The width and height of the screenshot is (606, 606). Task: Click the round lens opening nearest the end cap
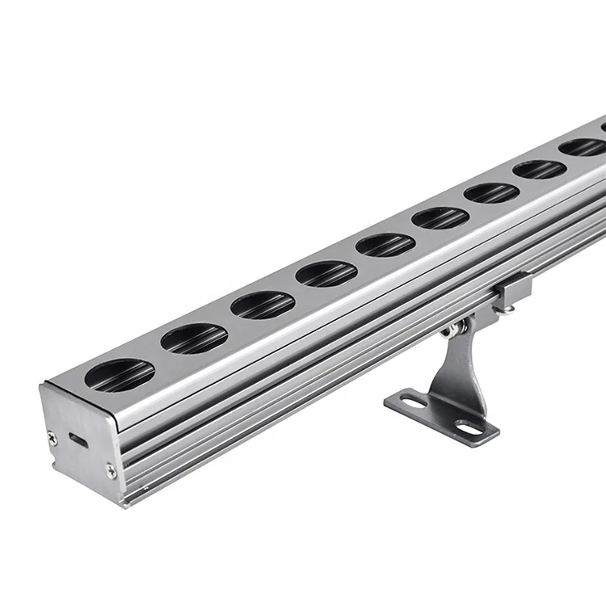point(120,375)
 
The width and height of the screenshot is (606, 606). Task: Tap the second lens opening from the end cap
point(194,339)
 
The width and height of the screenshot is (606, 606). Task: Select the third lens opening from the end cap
point(263,305)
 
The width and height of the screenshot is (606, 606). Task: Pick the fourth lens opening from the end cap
point(326,274)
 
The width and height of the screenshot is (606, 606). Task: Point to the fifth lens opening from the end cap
point(385,245)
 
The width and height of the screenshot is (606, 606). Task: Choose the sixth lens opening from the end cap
point(440,218)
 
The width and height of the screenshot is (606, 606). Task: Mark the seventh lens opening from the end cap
point(491,193)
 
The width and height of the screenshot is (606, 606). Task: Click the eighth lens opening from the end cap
point(539,170)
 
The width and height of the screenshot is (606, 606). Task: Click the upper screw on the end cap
point(53,439)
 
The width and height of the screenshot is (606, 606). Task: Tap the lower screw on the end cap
point(111,469)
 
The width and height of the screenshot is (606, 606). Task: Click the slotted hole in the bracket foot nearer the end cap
point(413,402)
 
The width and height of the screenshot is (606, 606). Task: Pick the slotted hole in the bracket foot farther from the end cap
point(469,426)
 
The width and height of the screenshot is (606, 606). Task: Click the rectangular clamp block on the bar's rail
point(514,286)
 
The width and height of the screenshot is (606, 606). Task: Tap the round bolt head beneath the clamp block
point(502,309)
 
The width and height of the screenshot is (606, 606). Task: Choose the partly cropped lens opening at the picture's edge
point(603,126)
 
